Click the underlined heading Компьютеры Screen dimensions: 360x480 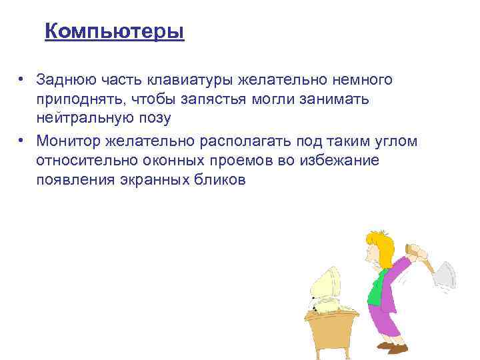click(114, 31)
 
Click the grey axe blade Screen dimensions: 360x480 click(444, 274)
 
